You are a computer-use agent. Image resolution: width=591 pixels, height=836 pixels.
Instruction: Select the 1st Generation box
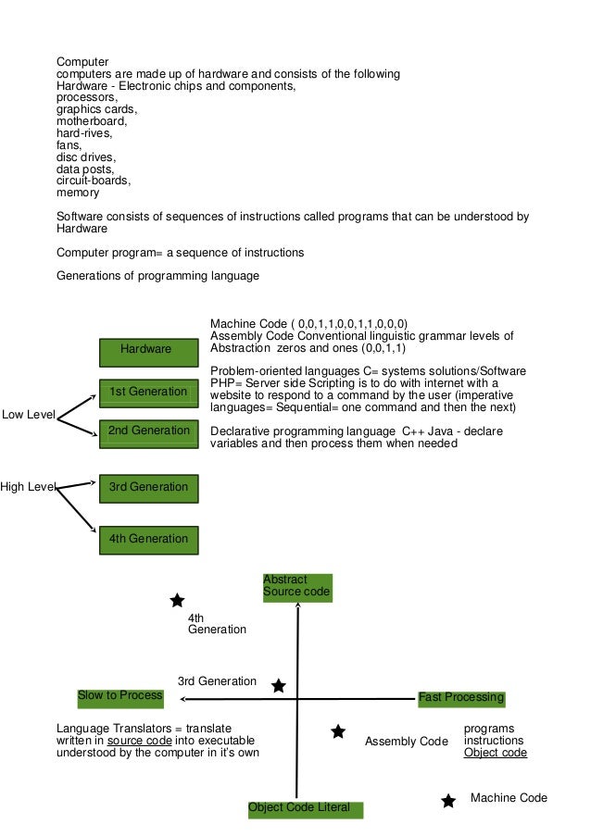148,393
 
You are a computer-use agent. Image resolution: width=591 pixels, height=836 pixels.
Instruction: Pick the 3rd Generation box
148,488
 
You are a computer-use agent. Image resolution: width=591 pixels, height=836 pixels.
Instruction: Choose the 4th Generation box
148,539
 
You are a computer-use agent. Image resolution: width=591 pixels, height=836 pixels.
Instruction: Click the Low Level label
29,415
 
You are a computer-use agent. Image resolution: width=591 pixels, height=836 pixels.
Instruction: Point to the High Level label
29,487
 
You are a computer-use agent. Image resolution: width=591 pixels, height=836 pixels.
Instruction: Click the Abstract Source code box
296,587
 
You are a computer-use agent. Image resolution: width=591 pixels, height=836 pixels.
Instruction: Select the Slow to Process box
120,696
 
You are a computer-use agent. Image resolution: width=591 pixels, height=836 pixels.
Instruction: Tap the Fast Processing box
460,698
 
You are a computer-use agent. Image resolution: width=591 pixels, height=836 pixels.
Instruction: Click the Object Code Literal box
305,808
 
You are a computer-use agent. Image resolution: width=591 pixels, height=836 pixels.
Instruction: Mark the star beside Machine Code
448,801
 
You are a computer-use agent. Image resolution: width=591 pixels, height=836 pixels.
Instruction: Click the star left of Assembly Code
338,732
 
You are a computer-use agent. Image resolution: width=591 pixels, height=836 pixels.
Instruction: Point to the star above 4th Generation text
177,601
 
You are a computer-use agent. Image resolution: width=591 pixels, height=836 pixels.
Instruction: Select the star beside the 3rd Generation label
278,686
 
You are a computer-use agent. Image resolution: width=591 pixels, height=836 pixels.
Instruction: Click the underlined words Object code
495,753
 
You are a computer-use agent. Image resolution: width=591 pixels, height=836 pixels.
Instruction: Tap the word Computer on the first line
82,62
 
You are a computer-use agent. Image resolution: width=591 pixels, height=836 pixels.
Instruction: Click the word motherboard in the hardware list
91,120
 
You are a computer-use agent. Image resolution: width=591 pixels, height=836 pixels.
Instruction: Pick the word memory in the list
78,193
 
